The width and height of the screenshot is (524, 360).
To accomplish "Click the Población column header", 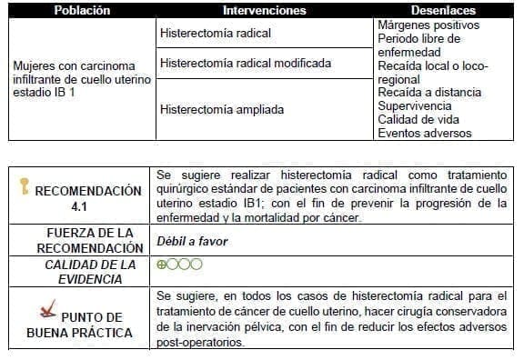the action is [82, 11].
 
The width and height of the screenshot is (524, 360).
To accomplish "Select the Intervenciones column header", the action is [264, 11].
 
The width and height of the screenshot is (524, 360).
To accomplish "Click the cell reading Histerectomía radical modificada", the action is [245, 64].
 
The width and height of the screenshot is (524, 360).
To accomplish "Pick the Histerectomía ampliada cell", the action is [221, 110].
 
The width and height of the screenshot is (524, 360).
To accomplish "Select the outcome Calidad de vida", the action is [418, 119].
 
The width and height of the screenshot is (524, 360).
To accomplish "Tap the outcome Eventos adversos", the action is [424, 133].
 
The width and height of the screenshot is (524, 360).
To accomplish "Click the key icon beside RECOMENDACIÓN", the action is [25, 188].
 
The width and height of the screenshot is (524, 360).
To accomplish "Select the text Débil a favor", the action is [193, 241].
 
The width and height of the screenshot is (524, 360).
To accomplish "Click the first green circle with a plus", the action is [162, 264].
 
